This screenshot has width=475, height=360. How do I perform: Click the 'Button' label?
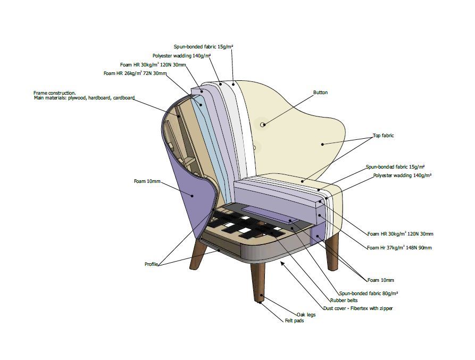point(320,93)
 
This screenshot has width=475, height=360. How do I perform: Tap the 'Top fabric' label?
point(383,136)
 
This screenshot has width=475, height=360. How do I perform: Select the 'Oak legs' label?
point(306,315)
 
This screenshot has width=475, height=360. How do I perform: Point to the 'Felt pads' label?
point(294,321)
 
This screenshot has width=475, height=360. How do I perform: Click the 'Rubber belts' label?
point(345,300)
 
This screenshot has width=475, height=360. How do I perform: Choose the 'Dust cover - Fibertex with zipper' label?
point(359,308)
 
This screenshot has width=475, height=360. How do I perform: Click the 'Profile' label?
point(152,264)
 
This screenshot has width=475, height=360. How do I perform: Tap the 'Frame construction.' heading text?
point(55,93)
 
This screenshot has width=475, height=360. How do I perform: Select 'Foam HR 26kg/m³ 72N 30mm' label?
point(135,73)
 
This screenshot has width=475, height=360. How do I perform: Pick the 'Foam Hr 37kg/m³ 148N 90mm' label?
point(399,248)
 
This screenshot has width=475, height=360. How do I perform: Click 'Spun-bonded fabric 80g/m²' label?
point(369,293)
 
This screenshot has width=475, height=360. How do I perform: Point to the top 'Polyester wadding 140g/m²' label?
point(181,55)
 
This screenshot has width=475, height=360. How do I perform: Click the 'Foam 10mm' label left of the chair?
point(147,181)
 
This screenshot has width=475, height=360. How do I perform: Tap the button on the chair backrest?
point(263,125)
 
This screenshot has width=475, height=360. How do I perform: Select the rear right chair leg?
point(332,250)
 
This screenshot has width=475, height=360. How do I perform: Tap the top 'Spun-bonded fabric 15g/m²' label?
point(203,47)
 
